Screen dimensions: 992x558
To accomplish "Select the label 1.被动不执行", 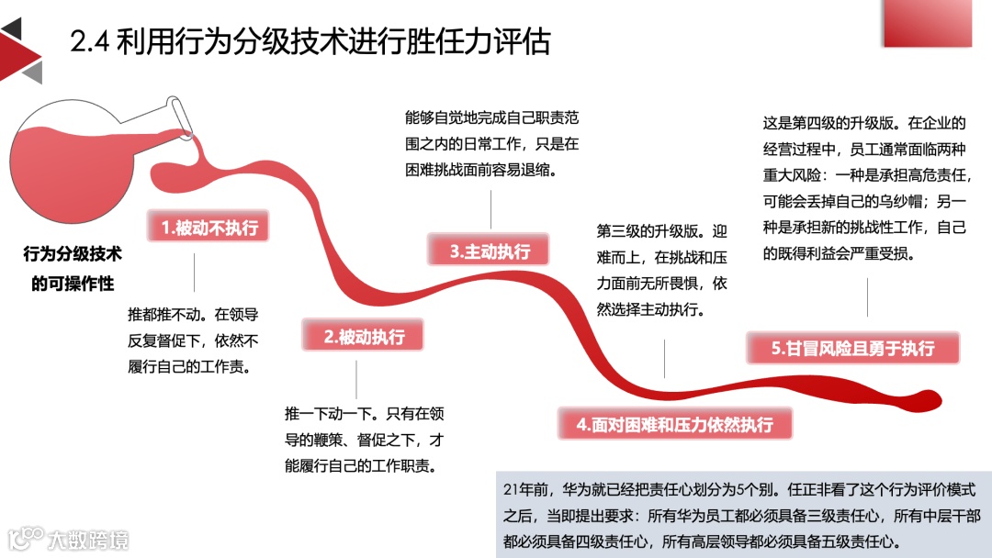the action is (209, 229).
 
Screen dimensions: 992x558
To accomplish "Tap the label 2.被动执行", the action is (364, 337).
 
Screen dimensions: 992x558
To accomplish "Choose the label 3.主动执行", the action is (490, 251).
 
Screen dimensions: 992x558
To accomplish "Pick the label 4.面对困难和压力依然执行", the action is (675, 424).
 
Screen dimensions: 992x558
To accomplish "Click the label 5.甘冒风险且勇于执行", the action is (853, 348).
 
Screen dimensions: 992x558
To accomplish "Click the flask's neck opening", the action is (182, 115).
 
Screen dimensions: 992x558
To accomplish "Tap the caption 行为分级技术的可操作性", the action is (73, 268).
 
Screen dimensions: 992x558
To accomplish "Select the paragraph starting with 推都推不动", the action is (194, 340).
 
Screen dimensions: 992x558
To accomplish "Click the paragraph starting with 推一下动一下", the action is (365, 439).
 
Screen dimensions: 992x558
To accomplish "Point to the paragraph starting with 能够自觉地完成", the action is (491, 144).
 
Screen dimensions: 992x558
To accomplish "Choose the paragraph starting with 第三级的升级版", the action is (661, 271).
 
